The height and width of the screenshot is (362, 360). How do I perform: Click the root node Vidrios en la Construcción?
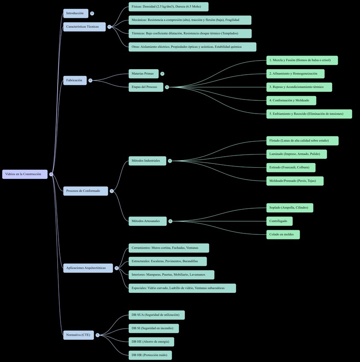click(25, 174)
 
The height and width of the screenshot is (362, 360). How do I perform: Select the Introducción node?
click(76, 14)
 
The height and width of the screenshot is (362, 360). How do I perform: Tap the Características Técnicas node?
click(84, 27)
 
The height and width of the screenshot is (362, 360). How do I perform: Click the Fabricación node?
click(75, 80)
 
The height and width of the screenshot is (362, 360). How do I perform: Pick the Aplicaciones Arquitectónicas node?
click(88, 268)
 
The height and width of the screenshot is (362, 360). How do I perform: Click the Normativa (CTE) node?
click(78, 335)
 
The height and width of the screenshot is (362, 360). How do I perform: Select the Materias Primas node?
click(143, 74)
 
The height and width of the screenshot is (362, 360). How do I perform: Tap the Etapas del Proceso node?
click(146, 87)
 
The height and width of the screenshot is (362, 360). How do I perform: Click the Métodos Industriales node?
click(147, 161)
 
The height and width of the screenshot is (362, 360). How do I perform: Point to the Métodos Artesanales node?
click(147, 221)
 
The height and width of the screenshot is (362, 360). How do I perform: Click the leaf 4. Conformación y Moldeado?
click(291, 101)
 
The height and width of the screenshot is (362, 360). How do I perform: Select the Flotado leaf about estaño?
click(302, 141)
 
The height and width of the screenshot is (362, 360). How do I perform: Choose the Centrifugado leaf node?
click(279, 221)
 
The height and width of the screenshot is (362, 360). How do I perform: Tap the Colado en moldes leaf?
click(283, 235)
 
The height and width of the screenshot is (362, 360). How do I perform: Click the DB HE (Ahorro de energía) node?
click(151, 342)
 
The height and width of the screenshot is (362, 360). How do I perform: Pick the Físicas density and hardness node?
click(168, 7)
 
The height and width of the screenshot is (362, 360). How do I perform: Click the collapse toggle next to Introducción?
click(92, 14)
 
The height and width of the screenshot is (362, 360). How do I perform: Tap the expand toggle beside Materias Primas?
click(162, 74)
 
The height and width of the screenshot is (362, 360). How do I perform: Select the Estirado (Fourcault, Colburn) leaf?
click(291, 167)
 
